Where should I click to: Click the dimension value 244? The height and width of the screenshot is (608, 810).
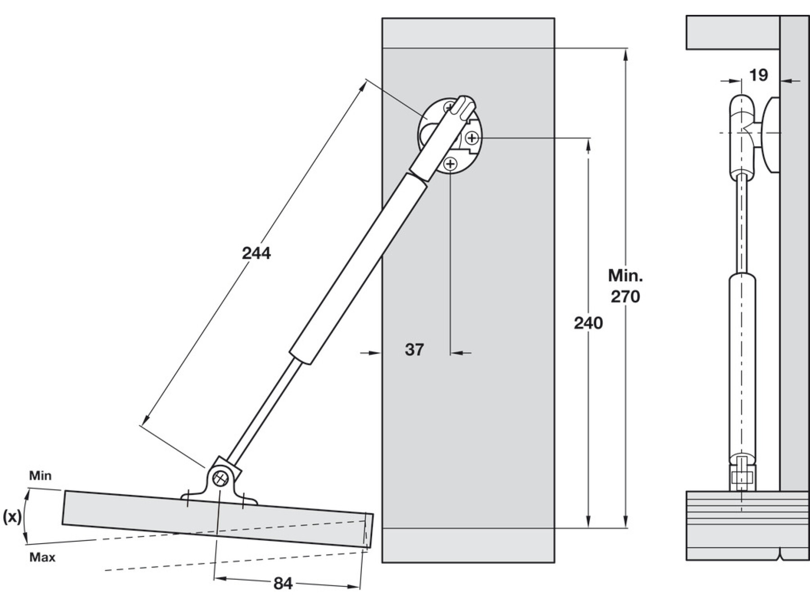click(256, 254)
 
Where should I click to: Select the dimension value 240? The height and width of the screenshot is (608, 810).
click(588, 323)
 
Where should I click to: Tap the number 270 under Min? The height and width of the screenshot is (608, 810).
click(625, 296)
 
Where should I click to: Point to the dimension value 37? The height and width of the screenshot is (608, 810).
click(414, 349)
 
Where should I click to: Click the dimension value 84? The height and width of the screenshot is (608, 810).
click(283, 584)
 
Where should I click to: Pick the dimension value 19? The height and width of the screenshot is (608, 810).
click(759, 75)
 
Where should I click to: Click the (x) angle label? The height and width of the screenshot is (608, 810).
click(12, 517)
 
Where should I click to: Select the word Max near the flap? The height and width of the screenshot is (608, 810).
click(42, 558)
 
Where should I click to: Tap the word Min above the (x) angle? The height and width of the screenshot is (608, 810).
click(40, 476)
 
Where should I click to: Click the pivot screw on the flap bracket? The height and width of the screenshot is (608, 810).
click(220, 479)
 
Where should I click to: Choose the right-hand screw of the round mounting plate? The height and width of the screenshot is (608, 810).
click(472, 137)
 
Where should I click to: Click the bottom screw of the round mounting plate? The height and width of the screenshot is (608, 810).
click(451, 164)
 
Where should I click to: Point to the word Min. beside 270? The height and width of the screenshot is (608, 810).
click(625, 275)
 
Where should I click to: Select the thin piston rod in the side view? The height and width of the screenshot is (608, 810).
click(742, 225)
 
